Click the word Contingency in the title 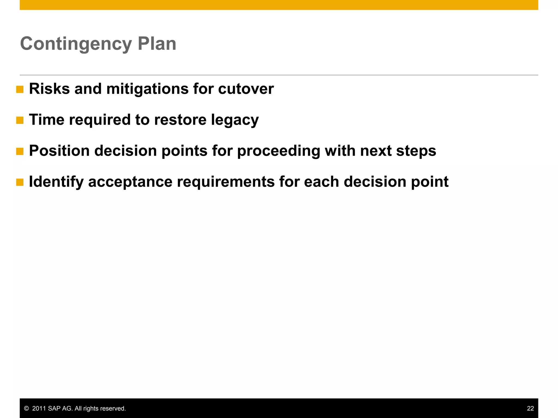pyautogui.click(x=76, y=44)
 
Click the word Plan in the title pyautogui.click(x=157, y=44)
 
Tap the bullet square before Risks pyautogui.click(x=20, y=90)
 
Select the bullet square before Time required pyautogui.click(x=20, y=120)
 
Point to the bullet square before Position pyautogui.click(x=20, y=151)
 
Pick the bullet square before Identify pyautogui.click(x=20, y=182)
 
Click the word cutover pyautogui.click(x=246, y=89)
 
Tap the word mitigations pyautogui.click(x=147, y=89)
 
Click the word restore pyautogui.click(x=180, y=120)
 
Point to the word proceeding pyautogui.click(x=278, y=151)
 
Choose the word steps pyautogui.click(x=416, y=151)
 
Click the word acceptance pyautogui.click(x=130, y=182)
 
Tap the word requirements pyautogui.click(x=226, y=182)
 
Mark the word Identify pyautogui.click(x=56, y=182)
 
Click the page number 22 pyautogui.click(x=530, y=408)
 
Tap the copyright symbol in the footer pyautogui.click(x=26, y=408)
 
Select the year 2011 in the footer pyautogui.click(x=39, y=408)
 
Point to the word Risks pyautogui.click(x=49, y=89)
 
